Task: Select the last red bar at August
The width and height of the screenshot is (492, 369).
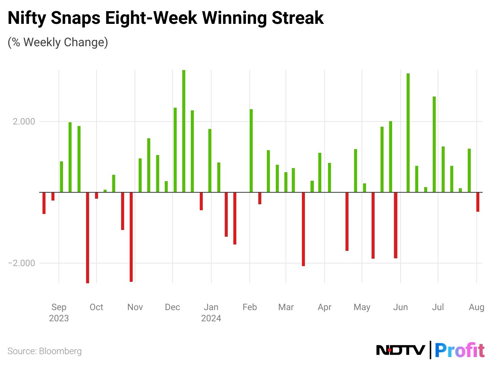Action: coord(478,202)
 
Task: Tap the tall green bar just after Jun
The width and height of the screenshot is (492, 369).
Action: coord(408,133)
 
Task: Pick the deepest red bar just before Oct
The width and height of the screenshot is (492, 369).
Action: coord(88,237)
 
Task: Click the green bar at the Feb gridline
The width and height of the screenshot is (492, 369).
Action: coord(251,151)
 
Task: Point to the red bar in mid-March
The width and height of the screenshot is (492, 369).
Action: coord(303,229)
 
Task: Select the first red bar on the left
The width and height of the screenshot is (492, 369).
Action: coord(44,203)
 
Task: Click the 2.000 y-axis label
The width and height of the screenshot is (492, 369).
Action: coord(24,122)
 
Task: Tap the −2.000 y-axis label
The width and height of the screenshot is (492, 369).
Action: coord(22,263)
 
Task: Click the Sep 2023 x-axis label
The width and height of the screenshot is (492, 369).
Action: coord(59,312)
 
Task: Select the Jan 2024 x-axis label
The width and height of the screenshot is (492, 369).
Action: coord(211,312)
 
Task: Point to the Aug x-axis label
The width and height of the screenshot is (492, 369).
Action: coord(476,307)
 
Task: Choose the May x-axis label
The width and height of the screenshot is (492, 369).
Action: coord(362,307)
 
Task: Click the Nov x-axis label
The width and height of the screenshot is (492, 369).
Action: coord(135,307)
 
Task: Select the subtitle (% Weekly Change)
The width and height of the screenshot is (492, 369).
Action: coord(58,42)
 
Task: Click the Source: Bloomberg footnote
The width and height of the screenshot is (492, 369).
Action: coord(44,351)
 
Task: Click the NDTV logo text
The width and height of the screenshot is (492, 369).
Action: coord(400,350)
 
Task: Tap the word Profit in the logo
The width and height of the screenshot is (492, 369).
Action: coord(460,350)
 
